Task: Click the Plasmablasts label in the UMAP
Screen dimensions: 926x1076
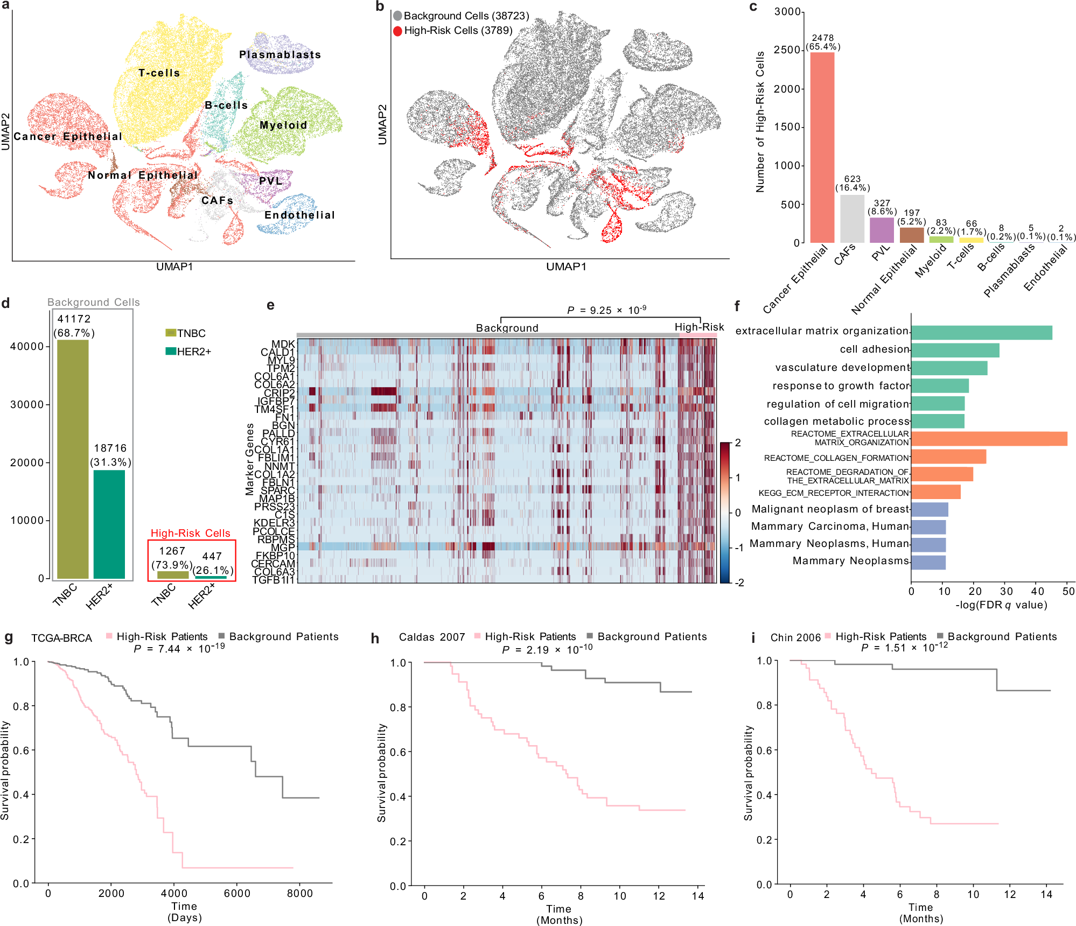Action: click(280, 54)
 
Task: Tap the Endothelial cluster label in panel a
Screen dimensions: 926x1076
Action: click(299, 215)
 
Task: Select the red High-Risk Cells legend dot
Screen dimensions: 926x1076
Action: click(397, 31)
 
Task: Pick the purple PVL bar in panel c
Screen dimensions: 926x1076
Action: click(882, 230)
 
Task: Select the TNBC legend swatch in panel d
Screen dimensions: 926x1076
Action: click(171, 333)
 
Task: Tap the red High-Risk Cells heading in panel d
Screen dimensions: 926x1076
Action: click(190, 533)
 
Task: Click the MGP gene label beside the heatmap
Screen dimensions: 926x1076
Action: click(283, 547)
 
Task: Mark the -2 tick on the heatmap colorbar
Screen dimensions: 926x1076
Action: click(740, 583)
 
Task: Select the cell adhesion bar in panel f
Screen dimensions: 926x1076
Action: click(954, 350)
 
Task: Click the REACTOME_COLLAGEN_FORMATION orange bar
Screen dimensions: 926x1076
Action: click(948, 457)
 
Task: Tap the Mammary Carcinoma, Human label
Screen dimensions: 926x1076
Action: click(829, 526)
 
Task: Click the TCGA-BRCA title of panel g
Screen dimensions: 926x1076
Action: click(61, 638)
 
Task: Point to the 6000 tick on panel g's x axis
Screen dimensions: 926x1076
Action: click(237, 893)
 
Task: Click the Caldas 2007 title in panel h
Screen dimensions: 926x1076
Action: click(431, 637)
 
